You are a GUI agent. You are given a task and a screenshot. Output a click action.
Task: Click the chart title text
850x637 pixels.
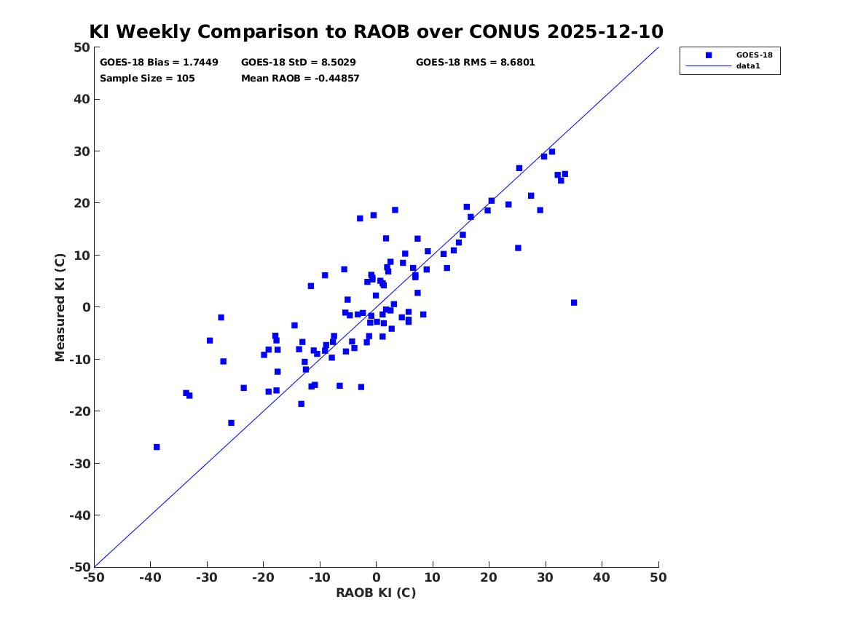[x=377, y=31]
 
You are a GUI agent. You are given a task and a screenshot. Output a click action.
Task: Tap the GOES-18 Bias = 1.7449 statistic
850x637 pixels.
[x=159, y=63]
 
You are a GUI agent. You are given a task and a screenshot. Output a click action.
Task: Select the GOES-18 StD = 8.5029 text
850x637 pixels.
[x=299, y=63]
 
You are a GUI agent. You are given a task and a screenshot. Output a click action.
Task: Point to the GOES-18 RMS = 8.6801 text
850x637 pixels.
[x=476, y=63]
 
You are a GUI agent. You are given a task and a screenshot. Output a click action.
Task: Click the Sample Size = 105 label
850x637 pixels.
[x=147, y=79]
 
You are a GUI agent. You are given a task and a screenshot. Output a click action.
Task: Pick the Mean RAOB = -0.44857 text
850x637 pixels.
[x=300, y=79]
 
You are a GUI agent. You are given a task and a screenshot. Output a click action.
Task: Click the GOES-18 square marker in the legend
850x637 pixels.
[x=709, y=55]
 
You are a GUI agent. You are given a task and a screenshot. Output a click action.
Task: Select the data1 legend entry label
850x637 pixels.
[x=748, y=66]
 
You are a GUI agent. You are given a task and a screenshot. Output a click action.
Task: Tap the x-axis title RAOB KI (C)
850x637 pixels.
[x=377, y=593]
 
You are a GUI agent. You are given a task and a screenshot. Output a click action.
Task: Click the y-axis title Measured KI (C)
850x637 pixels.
[x=60, y=307]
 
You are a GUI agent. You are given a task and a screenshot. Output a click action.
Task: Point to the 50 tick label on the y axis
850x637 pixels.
[x=82, y=47]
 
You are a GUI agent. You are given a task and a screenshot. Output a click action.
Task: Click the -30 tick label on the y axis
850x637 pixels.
[x=79, y=463]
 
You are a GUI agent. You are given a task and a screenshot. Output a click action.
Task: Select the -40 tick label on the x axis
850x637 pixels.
[x=150, y=577]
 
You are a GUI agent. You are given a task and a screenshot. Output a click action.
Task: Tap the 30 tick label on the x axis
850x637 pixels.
[x=546, y=577]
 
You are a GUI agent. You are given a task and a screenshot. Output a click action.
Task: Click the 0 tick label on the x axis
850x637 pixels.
[x=377, y=577]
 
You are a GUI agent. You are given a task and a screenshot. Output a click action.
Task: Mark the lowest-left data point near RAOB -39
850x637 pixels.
[x=157, y=447]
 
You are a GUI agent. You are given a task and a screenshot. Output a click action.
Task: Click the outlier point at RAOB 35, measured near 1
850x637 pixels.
[x=574, y=303]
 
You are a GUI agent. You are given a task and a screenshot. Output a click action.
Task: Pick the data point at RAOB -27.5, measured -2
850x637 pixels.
[x=221, y=317]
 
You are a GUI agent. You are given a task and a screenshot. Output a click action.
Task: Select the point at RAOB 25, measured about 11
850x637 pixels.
[x=519, y=248]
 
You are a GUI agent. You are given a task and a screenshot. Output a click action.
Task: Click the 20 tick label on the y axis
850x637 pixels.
[x=82, y=203]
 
